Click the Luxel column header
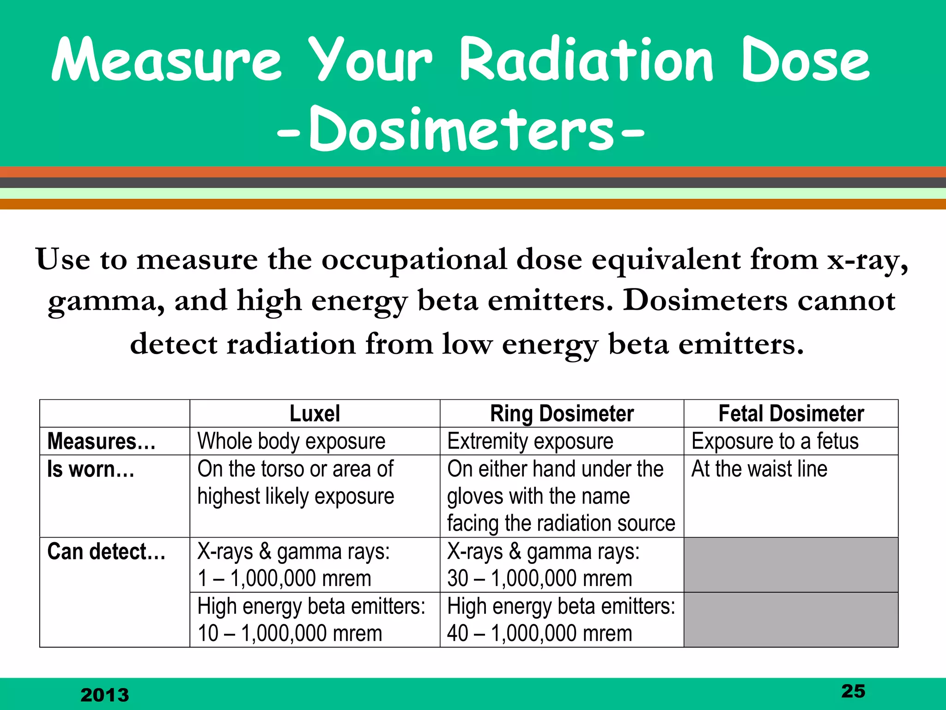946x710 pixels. click(315, 413)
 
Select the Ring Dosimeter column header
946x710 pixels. click(562, 413)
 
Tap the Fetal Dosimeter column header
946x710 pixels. click(791, 413)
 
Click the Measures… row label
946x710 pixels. click(101, 441)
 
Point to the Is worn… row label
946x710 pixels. click(91, 469)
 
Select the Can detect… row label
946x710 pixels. click(106, 551)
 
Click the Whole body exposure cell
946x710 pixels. click(291, 441)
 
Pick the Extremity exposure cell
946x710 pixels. click(530, 441)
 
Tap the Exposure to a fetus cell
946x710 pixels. click(775, 441)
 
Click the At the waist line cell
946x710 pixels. click(759, 469)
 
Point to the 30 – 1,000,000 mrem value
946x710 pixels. click(539, 578)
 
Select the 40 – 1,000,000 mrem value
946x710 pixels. click(539, 633)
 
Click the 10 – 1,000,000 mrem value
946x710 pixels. click(290, 633)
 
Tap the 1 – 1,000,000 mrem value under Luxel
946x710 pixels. click(284, 578)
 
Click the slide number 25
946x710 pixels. click(853, 691)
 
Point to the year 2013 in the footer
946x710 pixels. click(105, 695)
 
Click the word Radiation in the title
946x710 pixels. click(587, 60)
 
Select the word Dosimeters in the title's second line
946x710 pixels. click(461, 129)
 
